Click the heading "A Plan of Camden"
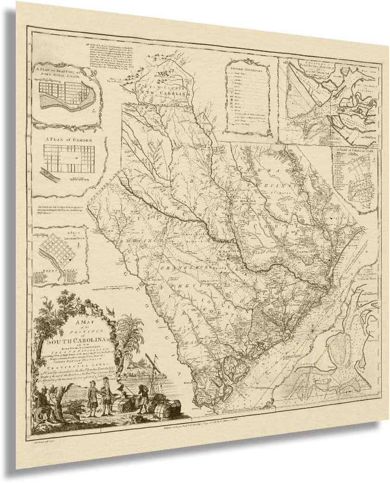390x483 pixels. [66, 138]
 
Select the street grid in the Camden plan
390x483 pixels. [68, 157]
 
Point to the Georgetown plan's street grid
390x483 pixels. [58, 253]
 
